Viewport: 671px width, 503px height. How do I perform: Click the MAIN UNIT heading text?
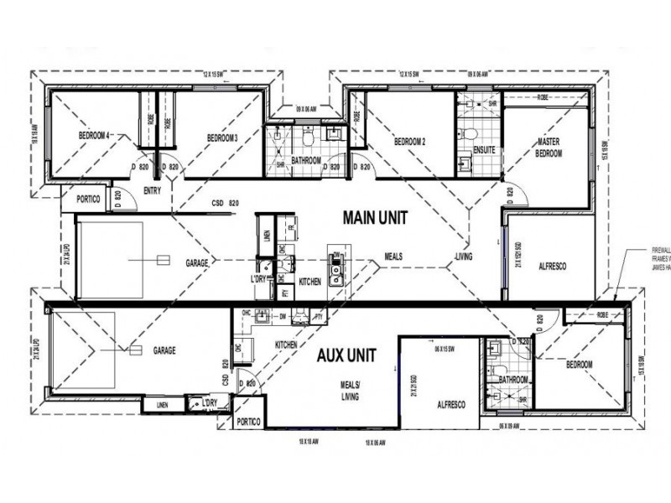pos(375,217)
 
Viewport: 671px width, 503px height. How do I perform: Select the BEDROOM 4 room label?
pos(95,136)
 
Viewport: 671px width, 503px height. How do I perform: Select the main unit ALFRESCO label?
pos(553,266)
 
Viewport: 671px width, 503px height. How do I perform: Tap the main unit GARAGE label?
pos(197,263)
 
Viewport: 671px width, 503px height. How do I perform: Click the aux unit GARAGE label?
pos(164,350)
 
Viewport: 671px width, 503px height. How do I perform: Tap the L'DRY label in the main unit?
pos(258,277)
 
